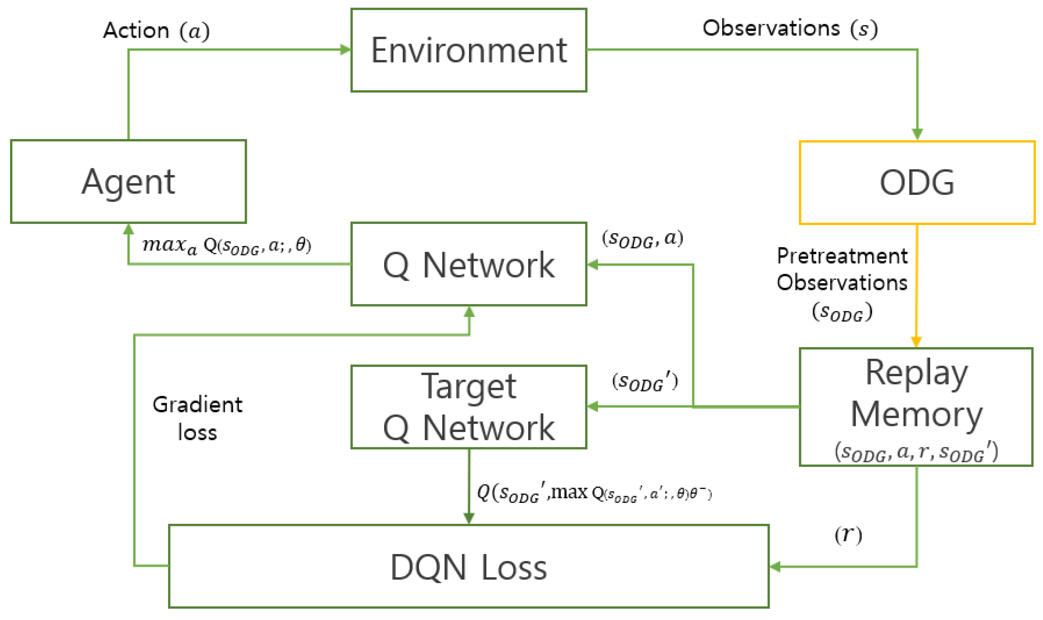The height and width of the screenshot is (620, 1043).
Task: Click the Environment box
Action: (469, 50)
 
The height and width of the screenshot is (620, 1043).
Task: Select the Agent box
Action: (128, 181)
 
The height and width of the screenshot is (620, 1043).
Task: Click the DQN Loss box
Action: (469, 567)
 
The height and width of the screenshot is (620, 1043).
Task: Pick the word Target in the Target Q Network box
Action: (469, 386)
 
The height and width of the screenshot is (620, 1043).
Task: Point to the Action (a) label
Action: (156, 31)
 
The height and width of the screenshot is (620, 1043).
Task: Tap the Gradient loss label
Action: (197, 418)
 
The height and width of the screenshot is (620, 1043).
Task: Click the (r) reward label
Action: (848, 534)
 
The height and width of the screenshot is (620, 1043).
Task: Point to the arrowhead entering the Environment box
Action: (346, 50)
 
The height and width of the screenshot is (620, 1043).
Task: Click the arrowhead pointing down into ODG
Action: (917, 134)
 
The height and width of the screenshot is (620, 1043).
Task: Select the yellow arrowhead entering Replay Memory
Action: (916, 342)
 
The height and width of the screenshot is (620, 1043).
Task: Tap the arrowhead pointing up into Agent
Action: (128, 229)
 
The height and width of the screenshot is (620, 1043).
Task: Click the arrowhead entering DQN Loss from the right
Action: (775, 566)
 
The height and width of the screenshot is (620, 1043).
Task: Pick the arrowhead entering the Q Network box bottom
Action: (469, 312)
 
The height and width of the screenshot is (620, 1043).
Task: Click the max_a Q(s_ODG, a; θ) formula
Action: (227, 246)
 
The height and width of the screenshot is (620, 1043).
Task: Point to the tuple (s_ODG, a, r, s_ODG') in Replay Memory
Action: (916, 452)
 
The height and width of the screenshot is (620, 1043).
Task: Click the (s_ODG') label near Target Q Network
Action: (644, 382)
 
